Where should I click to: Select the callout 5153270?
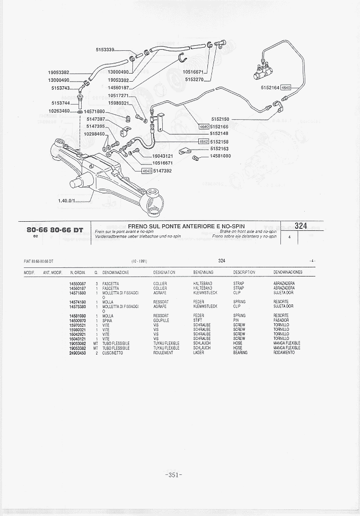194,79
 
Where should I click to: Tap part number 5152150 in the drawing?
220,119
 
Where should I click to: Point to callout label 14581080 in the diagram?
221,156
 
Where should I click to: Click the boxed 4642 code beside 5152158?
204,142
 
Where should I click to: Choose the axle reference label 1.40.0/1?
66,200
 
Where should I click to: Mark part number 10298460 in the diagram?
94,134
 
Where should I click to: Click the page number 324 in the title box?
301,226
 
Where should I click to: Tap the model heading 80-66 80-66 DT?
55,230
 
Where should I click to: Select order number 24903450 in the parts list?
78,353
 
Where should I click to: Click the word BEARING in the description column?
240,353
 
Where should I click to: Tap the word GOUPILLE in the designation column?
161,321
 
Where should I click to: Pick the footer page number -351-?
173,475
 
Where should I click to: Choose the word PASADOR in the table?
281,321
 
